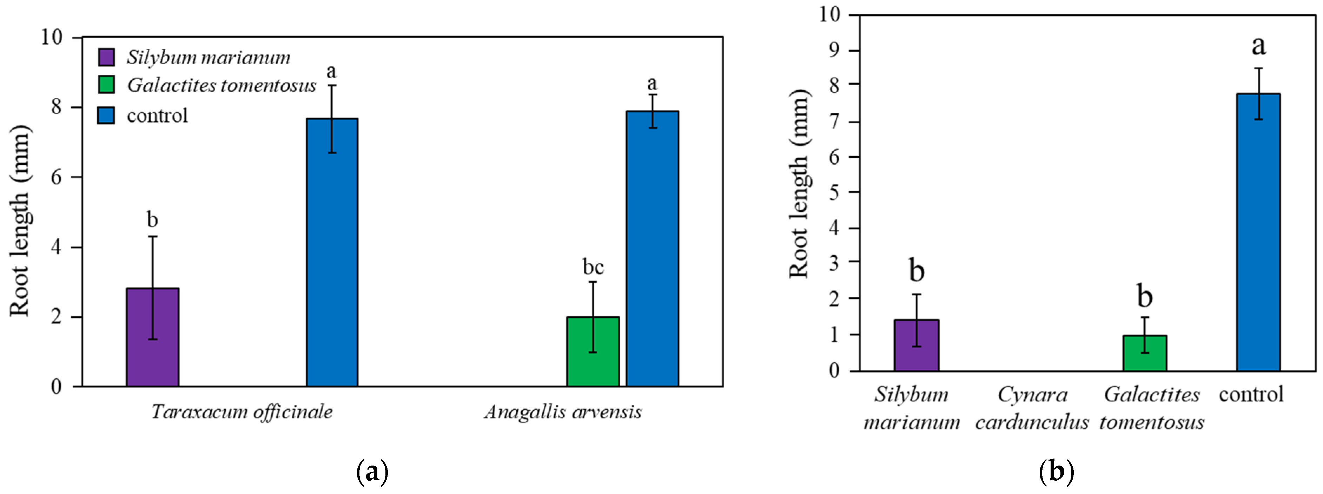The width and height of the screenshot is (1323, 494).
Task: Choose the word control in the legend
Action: pyautogui.click(x=157, y=116)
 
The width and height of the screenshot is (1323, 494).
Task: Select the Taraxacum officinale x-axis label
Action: pyautogui.click(x=242, y=412)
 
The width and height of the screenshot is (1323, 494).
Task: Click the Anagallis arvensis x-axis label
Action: pyautogui.click(x=563, y=412)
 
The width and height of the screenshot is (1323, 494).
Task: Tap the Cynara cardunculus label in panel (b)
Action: pyautogui.click(x=1032, y=408)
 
